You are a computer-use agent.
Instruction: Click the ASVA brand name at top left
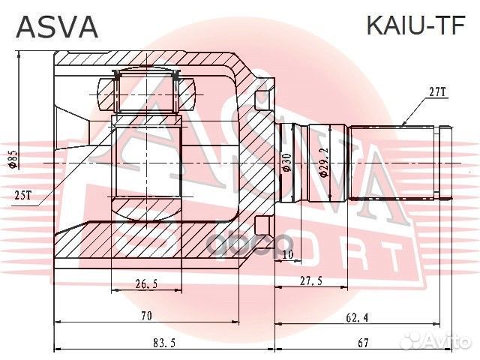(x=57, y=28)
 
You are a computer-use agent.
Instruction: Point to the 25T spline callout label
(x=23, y=196)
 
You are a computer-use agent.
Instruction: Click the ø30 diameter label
(x=287, y=163)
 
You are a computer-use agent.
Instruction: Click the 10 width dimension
(x=288, y=255)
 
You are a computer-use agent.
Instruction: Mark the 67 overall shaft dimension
(x=363, y=343)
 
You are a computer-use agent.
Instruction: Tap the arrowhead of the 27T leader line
(x=403, y=123)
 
